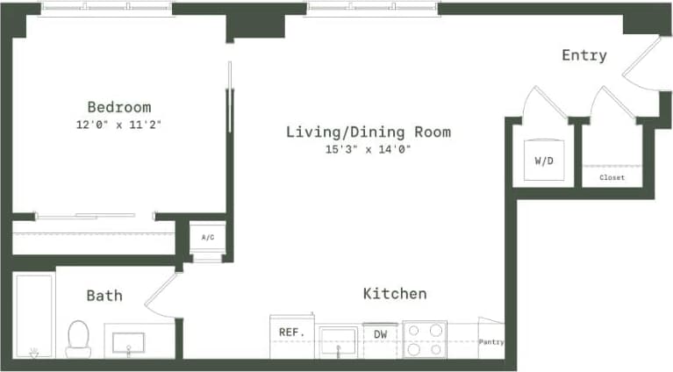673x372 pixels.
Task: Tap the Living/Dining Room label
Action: (369, 132)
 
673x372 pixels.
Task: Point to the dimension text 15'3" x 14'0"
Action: (369, 149)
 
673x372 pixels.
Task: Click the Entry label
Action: (584, 55)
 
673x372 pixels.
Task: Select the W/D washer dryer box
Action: (543, 161)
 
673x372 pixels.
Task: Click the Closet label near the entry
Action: (612, 177)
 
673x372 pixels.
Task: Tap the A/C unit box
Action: (208, 237)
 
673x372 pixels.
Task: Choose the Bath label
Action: (104, 296)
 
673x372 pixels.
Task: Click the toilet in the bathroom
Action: (78, 338)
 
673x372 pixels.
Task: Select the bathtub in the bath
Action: (34, 316)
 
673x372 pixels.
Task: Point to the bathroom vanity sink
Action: (139, 341)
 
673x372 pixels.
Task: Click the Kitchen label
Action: (395, 293)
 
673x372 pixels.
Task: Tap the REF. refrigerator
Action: (290, 333)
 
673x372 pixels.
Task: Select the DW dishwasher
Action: (381, 334)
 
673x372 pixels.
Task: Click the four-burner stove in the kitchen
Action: (425, 340)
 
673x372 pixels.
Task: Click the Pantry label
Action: (490, 341)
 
